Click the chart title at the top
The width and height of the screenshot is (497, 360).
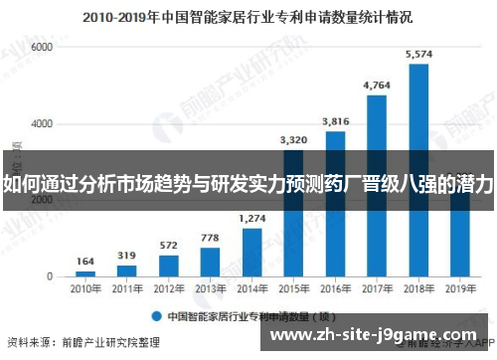pos(248,17)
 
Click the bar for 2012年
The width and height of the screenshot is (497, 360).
pos(169,264)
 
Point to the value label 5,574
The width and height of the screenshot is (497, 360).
pos(418,55)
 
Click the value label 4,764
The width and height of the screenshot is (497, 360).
pos(377,86)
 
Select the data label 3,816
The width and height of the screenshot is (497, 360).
pos(335,121)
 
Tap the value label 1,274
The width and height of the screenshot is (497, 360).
pos(252,218)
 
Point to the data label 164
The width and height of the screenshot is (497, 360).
pos(85,260)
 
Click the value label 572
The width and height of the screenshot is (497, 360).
pos(169,245)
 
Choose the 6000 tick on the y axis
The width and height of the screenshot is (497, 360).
pos(41,47)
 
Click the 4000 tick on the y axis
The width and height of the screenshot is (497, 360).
pos(41,123)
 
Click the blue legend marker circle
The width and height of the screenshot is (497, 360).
pos(155,315)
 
